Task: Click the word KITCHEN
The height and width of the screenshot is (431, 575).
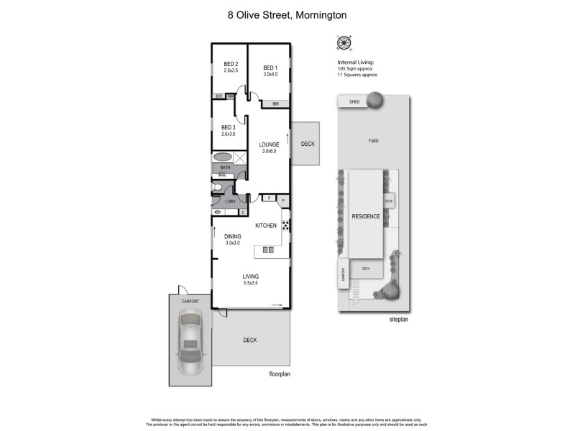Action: click(266, 226)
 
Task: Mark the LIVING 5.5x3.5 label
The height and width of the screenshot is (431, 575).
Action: click(250, 279)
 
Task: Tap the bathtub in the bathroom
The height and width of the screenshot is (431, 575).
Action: click(222, 157)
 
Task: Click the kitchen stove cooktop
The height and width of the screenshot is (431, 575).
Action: click(285, 226)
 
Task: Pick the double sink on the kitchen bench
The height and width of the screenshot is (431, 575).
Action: click(267, 250)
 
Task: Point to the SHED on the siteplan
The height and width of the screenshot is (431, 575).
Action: click(354, 102)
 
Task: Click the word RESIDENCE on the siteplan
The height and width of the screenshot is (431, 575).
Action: click(366, 215)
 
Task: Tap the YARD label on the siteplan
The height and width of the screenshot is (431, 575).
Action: click(373, 141)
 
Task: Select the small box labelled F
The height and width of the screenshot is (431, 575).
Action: click(269, 198)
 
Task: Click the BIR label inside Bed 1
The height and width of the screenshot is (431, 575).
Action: click(275, 104)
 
